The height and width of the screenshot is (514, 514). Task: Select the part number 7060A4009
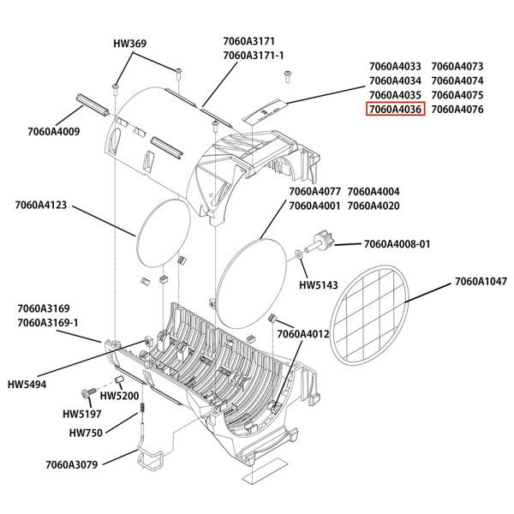click(53, 131)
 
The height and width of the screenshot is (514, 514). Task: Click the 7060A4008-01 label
click(397, 244)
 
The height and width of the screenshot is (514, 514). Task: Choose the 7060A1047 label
click(481, 281)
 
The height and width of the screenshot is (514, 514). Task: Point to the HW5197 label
click(79, 414)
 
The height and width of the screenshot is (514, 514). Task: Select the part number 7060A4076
click(457, 109)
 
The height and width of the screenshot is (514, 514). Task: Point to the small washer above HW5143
click(296, 254)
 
